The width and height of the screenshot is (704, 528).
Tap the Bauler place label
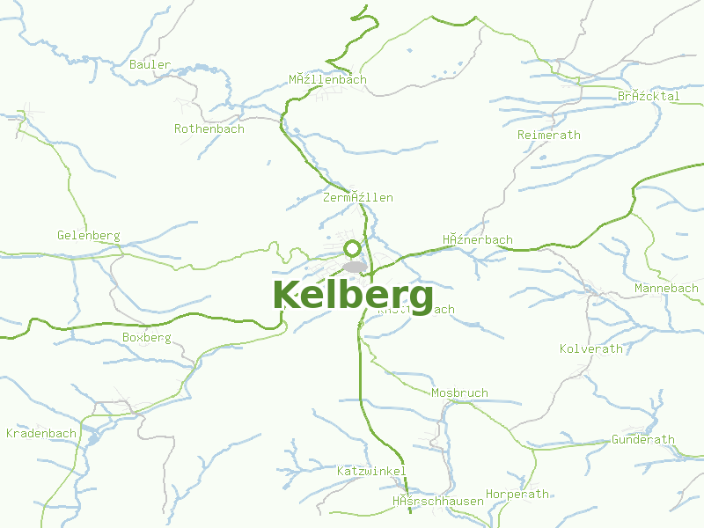point(150,64)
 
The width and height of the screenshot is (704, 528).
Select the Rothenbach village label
point(209,128)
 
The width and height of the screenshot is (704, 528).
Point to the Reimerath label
point(549,135)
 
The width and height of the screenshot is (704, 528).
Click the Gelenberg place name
point(88,235)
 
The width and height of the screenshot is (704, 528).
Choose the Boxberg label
point(147,337)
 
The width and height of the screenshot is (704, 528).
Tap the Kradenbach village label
point(41,433)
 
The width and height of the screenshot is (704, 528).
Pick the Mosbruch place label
point(459,392)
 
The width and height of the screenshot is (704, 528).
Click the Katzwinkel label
point(371,471)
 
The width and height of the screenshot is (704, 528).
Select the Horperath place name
point(517,494)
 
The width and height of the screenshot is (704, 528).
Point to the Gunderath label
point(643,439)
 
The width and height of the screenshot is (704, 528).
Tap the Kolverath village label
point(591,348)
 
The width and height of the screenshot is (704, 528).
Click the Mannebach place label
point(666,288)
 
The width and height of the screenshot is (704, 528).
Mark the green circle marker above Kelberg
point(353,248)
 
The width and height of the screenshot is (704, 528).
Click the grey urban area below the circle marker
point(355,266)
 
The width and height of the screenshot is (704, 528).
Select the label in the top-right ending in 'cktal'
point(649,96)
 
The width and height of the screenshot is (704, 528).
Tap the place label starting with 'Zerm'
point(358,197)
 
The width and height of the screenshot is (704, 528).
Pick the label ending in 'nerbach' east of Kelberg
point(477,239)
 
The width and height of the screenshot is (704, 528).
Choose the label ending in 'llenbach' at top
point(327,79)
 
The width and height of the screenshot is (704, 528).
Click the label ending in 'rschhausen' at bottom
point(437,501)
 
